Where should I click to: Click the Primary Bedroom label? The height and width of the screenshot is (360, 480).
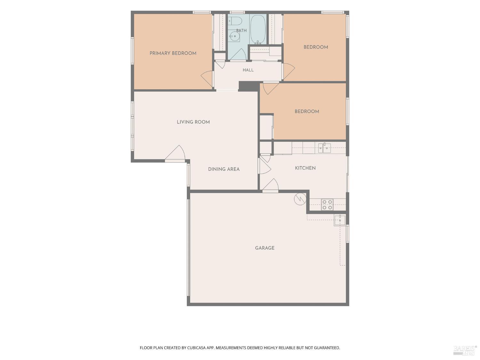173,53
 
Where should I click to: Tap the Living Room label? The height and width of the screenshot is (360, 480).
193,122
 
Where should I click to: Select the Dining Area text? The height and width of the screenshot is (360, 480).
224,169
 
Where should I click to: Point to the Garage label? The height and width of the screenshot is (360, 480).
265,248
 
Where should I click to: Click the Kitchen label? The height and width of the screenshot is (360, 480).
305,168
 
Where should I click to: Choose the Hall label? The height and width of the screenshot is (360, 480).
248,70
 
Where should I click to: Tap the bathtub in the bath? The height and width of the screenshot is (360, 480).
258,29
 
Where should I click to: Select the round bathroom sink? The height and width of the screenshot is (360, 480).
235,36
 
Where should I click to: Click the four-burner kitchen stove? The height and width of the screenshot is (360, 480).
327,204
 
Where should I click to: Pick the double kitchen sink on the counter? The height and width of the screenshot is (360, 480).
324,148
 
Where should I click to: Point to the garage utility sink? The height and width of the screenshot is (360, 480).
340,220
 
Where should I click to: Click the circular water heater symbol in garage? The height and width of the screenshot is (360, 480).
300,199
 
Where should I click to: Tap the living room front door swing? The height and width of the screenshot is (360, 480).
175,153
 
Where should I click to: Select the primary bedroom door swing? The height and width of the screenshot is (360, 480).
207,79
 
